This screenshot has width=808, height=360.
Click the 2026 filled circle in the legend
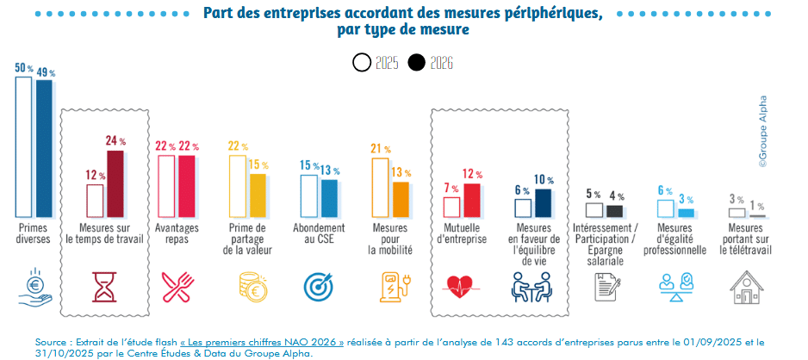[417, 63]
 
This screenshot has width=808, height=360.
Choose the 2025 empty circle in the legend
[362, 63]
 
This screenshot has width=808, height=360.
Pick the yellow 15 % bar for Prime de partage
[257, 195]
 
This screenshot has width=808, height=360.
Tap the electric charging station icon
[393, 286]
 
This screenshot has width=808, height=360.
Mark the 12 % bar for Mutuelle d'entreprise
[471, 200]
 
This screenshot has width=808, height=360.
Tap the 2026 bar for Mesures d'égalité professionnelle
[685, 212]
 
